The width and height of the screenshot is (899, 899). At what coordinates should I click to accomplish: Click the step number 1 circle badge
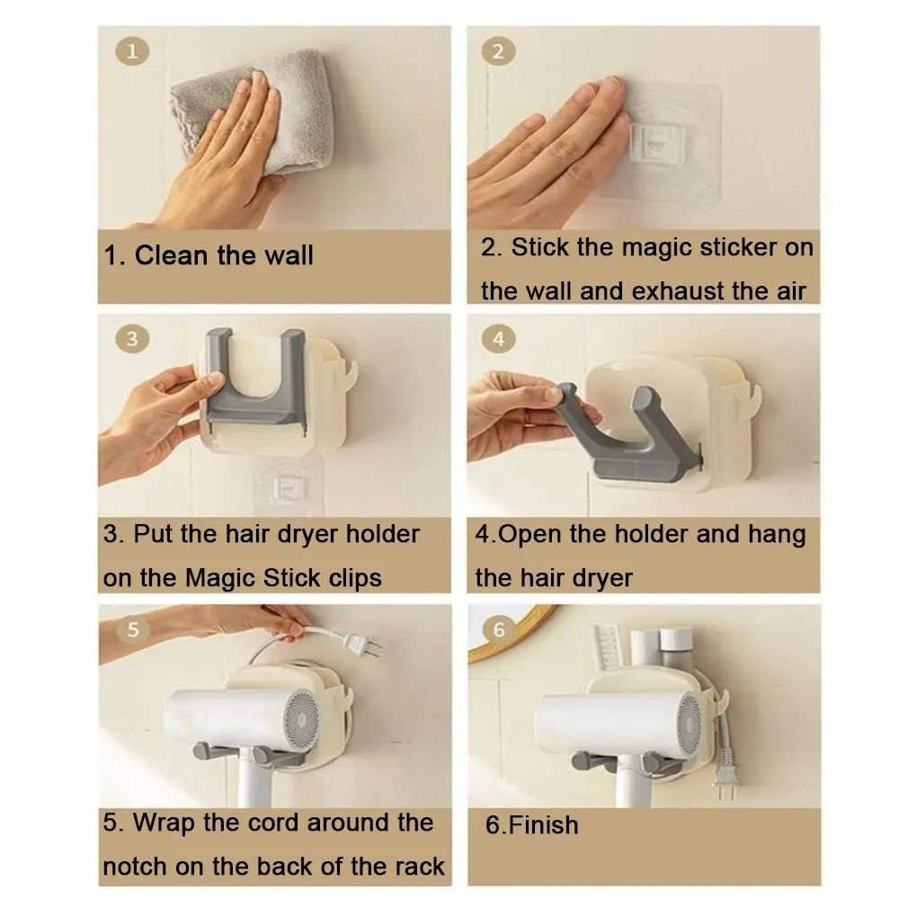pos(132,51)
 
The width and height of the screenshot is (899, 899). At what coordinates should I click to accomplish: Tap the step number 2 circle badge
pos(498,51)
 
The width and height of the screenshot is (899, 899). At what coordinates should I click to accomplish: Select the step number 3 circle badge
pos(132,339)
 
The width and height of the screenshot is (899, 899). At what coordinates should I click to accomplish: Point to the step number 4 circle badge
pos(498,339)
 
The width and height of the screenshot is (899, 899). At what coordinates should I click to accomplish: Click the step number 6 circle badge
pos(498,629)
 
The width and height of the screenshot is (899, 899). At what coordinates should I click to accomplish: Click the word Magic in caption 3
pos(221,579)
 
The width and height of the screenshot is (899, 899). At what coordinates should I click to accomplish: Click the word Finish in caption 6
pos(544,825)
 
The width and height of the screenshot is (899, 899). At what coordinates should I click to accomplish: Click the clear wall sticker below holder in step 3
pos(289,486)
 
